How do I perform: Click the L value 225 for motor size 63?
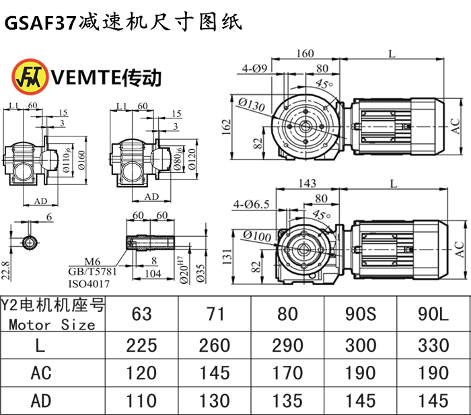143,345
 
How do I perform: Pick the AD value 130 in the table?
215,400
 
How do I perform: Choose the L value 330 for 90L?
432,345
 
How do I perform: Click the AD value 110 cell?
143,400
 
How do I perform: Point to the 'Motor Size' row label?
52,324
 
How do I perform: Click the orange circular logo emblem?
25,76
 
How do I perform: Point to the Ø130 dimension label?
250,104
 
